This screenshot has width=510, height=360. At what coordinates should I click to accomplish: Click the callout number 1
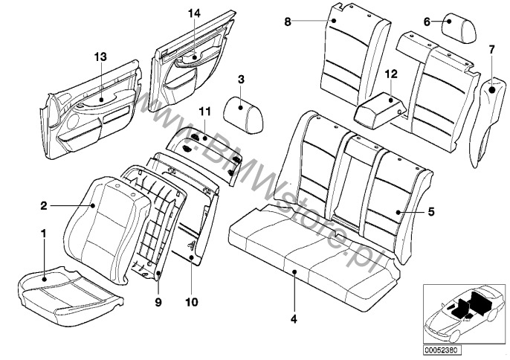43,234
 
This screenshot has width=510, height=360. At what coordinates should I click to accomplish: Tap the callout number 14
194,13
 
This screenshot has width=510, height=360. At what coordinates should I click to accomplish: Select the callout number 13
100,57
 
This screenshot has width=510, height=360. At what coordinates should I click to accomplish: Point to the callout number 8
288,22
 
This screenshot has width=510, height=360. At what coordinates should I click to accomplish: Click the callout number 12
391,74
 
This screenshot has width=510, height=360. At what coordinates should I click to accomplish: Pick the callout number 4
294,319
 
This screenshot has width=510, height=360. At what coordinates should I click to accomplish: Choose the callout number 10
192,302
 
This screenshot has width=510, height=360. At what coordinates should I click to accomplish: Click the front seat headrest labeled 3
243,115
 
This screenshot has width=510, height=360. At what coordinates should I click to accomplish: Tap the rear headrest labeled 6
459,29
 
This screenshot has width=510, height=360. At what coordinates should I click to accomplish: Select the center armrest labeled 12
379,110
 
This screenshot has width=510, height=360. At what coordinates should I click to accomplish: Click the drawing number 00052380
442,350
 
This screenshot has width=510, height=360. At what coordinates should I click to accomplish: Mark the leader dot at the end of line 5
398,212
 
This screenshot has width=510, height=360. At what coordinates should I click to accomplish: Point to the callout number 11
205,112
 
